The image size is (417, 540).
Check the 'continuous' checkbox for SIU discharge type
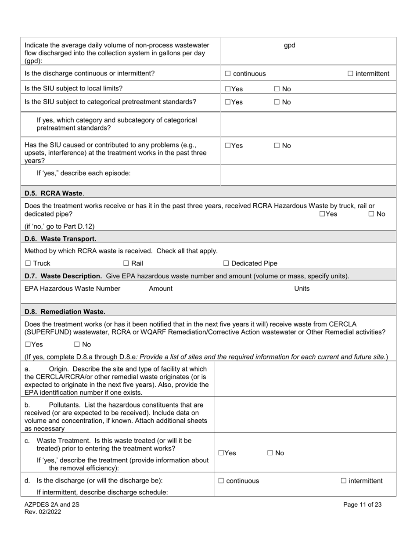(228, 74)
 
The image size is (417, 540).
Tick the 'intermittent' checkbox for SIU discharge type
(350, 74)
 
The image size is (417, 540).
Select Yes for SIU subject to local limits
(228, 89)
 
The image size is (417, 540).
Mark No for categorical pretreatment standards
(277, 102)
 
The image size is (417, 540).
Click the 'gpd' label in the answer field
(290, 45)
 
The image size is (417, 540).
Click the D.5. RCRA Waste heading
(54, 193)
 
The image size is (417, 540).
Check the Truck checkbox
(28, 263)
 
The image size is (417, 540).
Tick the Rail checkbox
(126, 263)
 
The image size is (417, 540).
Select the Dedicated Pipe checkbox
(226, 263)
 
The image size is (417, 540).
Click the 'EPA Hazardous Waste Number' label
(72, 288)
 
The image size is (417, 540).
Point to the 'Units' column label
(302, 288)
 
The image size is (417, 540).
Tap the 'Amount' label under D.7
(161, 288)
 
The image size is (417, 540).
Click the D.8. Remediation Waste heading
(65, 312)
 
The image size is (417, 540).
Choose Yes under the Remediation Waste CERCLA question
(28, 345)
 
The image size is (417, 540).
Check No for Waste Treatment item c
(270, 453)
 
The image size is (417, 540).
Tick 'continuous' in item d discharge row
(221, 481)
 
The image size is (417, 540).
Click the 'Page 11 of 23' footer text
(362, 504)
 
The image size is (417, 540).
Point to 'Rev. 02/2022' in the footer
(43, 511)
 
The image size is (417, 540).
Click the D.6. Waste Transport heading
(60, 239)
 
